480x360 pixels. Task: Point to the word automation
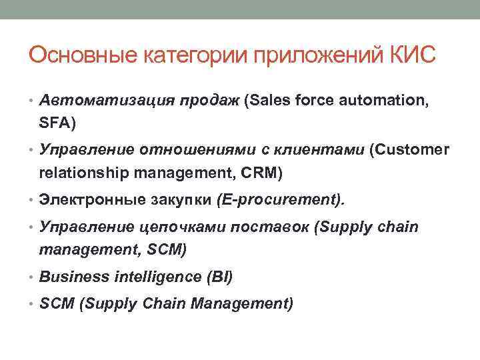[x=381, y=101]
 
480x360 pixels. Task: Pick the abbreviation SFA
[x=55, y=123]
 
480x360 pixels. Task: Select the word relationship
[x=84, y=174]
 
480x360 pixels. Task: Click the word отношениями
[x=188, y=151]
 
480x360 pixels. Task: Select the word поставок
[x=272, y=227]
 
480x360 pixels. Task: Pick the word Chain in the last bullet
[x=163, y=304]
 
